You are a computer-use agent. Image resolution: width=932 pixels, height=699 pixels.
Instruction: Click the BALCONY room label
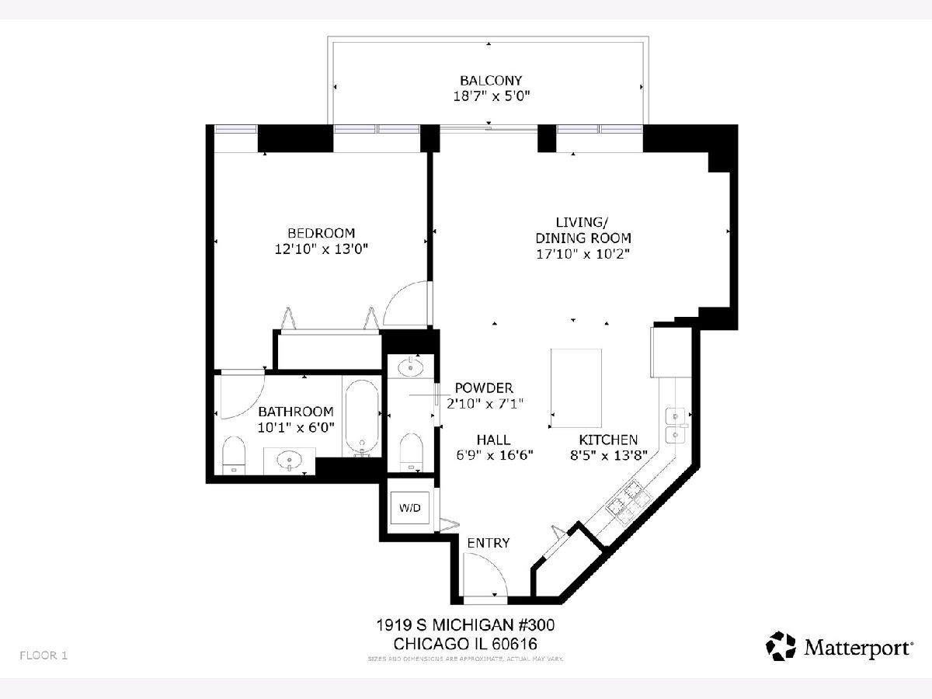click(x=491, y=80)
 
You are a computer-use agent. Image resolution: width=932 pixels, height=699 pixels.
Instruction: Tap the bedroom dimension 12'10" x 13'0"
click(x=321, y=249)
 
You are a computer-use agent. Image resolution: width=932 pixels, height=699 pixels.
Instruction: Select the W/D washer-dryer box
click(x=410, y=508)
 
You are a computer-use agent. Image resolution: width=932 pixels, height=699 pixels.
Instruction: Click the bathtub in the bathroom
click(x=362, y=418)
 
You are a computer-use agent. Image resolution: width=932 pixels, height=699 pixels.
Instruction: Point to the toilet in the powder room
click(x=412, y=452)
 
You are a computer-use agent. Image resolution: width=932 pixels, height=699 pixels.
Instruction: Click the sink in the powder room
click(x=411, y=367)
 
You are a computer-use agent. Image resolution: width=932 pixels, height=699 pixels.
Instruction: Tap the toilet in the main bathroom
click(x=234, y=455)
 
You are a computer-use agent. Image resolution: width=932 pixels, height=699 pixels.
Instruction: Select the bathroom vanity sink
click(x=289, y=459)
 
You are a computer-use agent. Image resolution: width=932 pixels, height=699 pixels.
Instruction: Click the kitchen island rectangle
click(x=576, y=388)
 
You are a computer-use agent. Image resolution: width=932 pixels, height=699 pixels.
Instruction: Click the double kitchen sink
click(x=675, y=426)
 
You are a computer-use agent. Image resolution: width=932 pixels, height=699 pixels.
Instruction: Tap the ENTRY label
click(x=489, y=543)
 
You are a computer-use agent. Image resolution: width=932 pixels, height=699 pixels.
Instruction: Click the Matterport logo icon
click(x=781, y=646)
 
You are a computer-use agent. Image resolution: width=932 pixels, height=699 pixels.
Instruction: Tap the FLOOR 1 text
click(x=43, y=656)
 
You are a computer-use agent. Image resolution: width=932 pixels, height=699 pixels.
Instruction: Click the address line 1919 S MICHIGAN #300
click(x=465, y=625)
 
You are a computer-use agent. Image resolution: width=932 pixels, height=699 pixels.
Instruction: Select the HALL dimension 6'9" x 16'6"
click(x=495, y=455)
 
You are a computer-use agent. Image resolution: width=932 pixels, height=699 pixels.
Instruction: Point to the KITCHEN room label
click(x=608, y=440)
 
